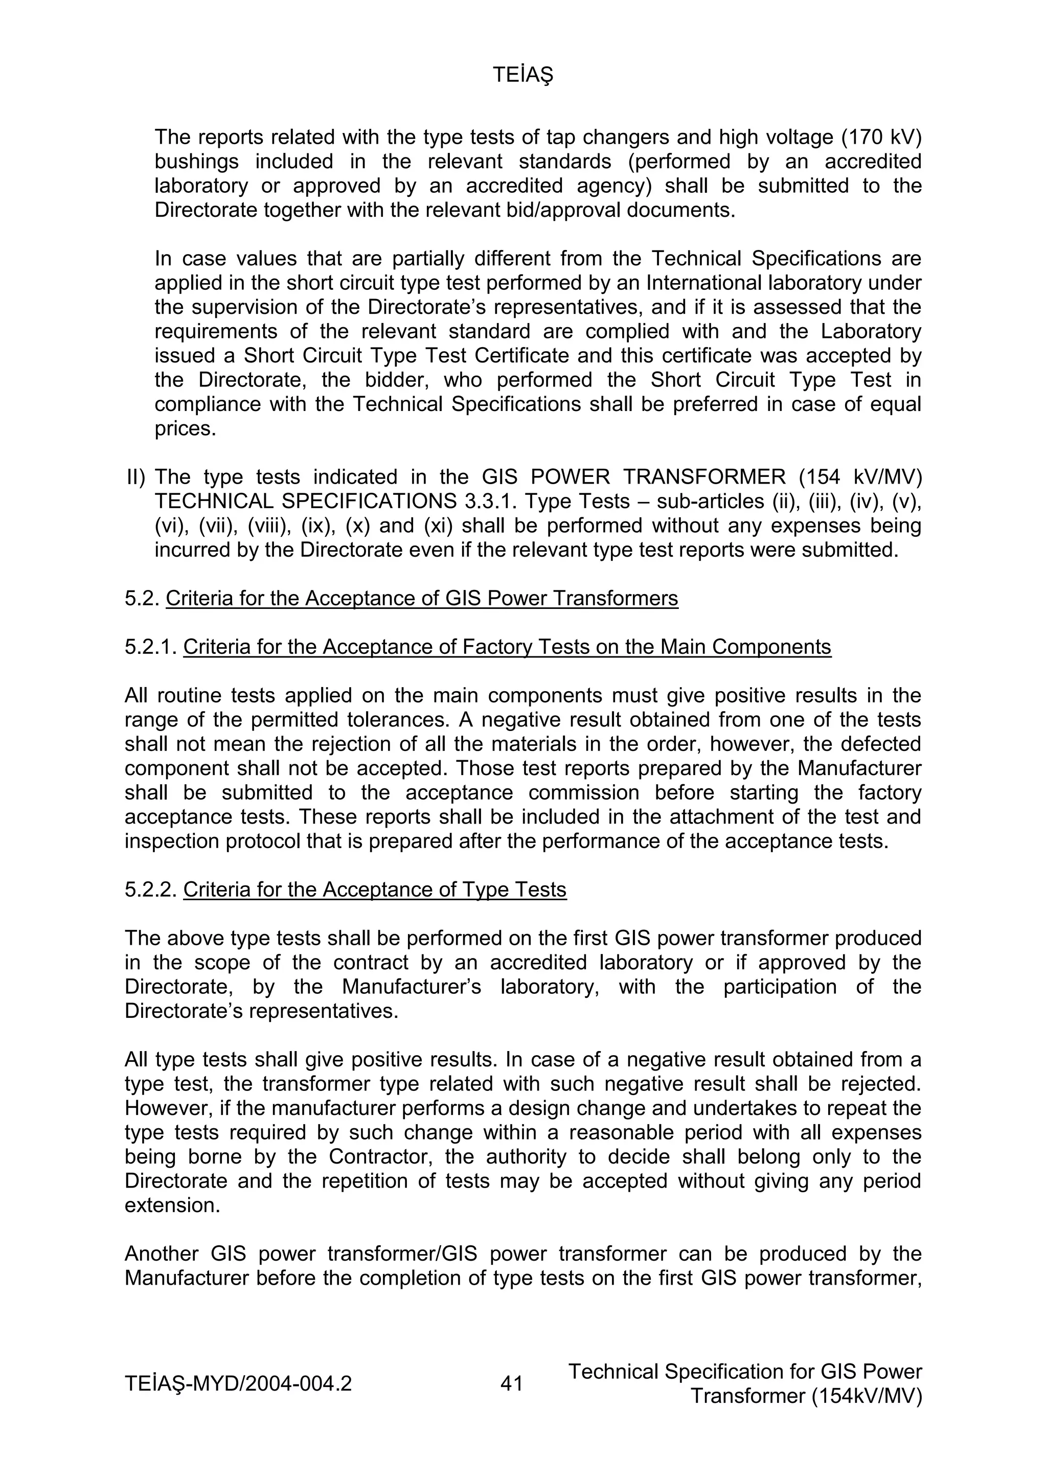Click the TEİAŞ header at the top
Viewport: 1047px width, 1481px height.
tap(522, 76)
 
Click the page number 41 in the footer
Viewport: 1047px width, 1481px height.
tap(512, 1383)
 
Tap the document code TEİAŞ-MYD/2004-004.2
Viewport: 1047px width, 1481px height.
tap(238, 1383)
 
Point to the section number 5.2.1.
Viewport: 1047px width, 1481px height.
tap(150, 647)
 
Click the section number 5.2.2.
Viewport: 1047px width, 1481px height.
tap(150, 890)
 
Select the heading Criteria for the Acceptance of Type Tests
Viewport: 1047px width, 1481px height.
tap(374, 890)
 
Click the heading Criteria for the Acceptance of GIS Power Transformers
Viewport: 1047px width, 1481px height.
tap(422, 599)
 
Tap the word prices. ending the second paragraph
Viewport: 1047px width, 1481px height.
tap(185, 429)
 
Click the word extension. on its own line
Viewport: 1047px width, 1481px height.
tap(172, 1205)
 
